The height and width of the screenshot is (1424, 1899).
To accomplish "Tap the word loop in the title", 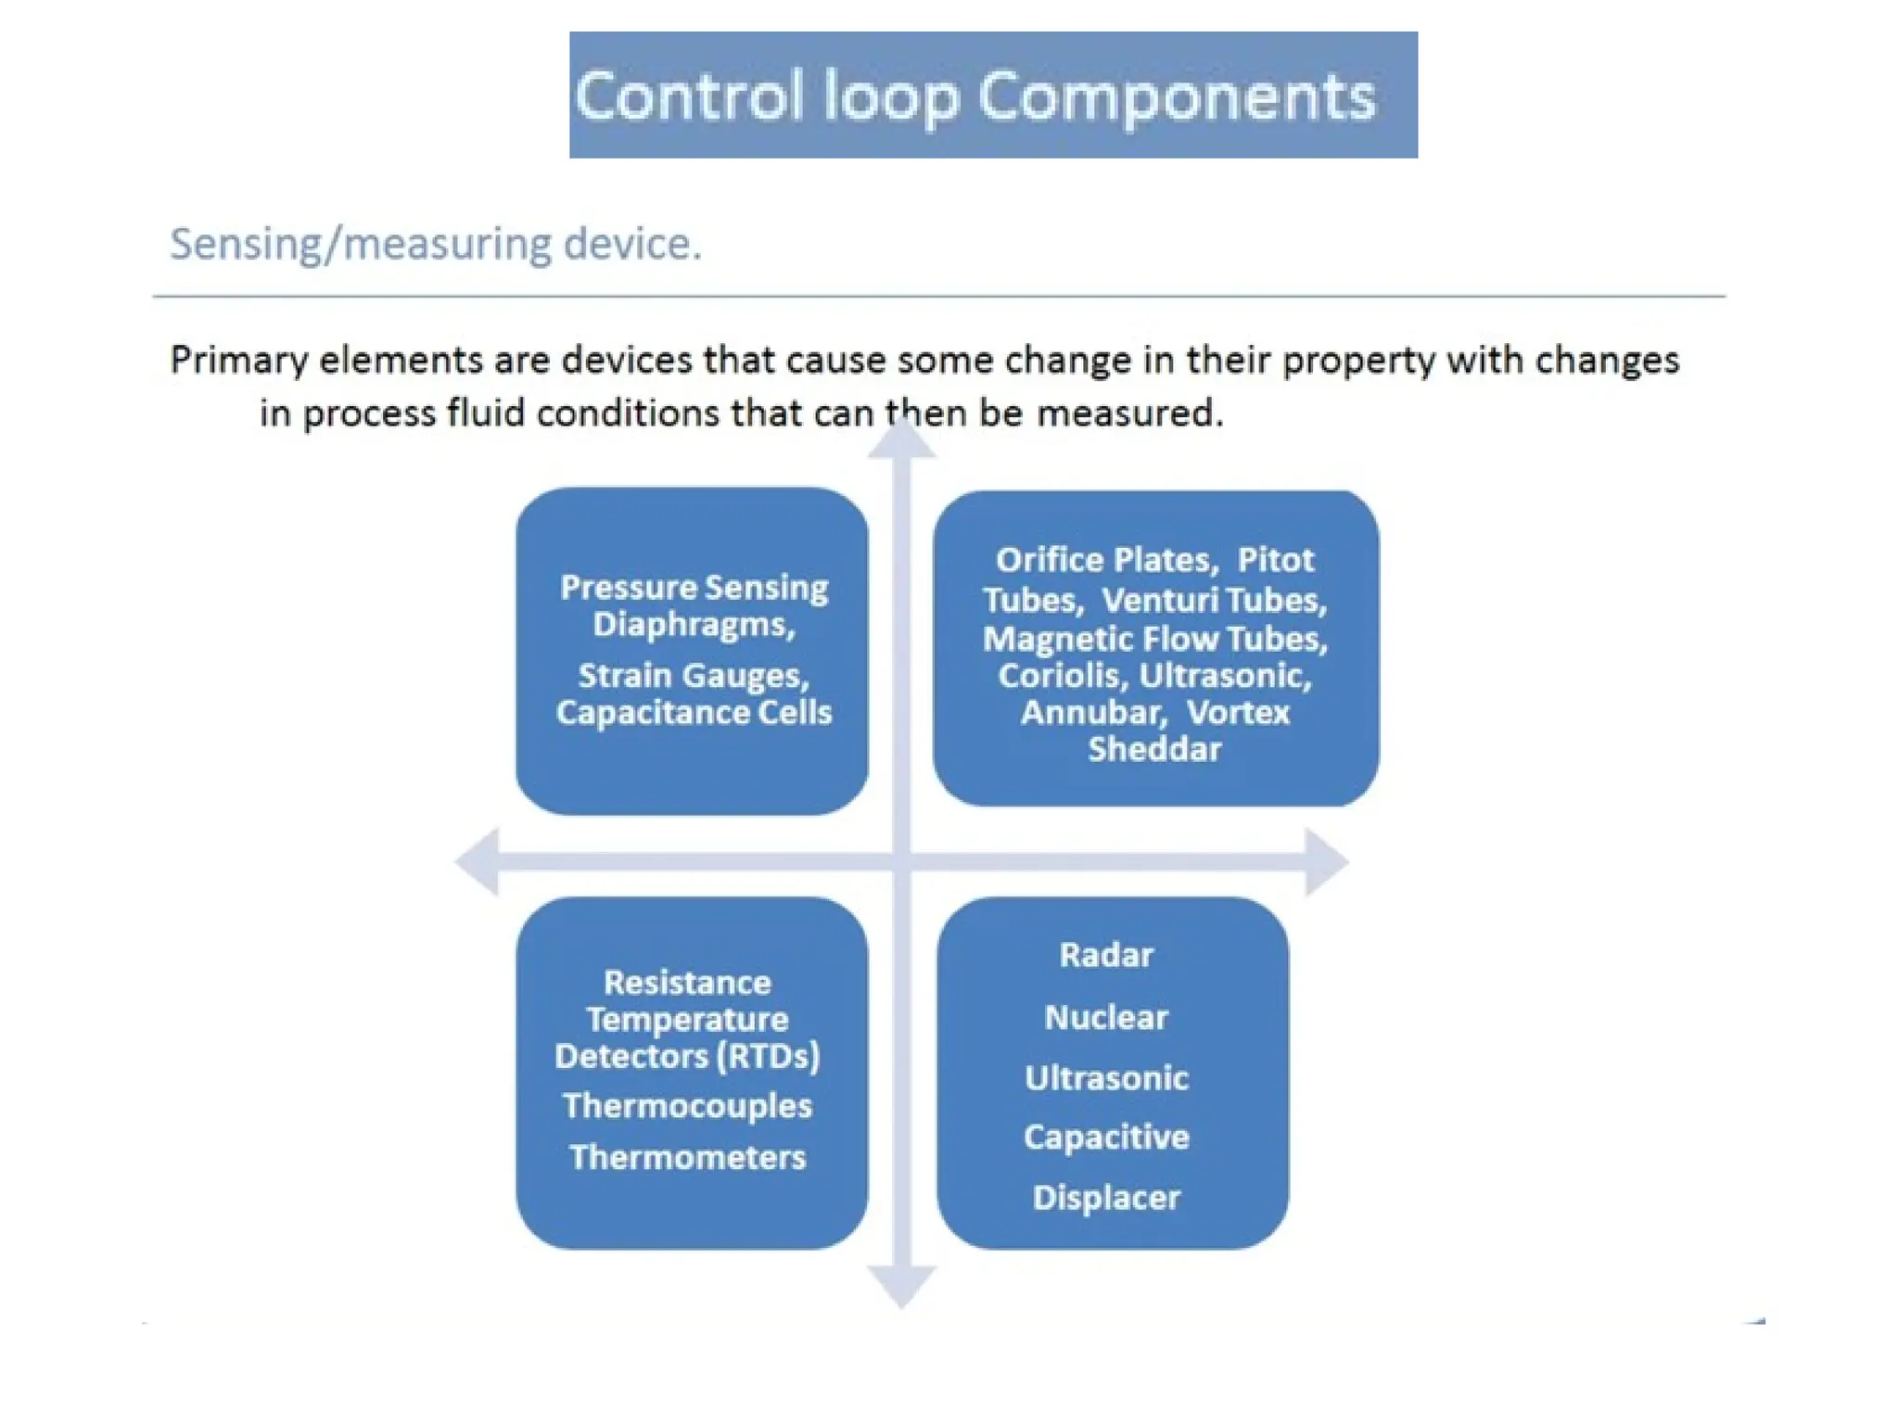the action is pos(890,97).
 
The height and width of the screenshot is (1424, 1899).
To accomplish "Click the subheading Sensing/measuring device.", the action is pos(435,245).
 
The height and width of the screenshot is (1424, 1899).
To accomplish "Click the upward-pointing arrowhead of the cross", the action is pos(901,440).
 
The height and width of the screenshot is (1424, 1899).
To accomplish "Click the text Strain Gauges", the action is pos(694,676).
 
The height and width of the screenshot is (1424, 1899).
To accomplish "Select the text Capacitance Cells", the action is pos(694,713).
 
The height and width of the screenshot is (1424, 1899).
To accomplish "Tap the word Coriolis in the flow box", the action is pos(1061,676).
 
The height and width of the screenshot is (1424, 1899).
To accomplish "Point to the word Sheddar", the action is pos(1154,749).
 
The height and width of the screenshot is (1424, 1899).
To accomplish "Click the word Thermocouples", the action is pos(687,1106).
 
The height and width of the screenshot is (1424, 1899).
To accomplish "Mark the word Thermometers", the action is pos(687,1157).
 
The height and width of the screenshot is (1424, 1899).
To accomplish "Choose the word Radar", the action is pos(1106,955).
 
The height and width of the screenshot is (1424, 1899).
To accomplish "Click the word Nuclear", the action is pos(1106,1018).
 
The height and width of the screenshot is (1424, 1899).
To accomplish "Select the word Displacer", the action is pos(1106,1198).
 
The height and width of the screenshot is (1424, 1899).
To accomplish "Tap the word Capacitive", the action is pos(1106,1138).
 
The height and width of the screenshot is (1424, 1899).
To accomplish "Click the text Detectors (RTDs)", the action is pos(687,1057).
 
